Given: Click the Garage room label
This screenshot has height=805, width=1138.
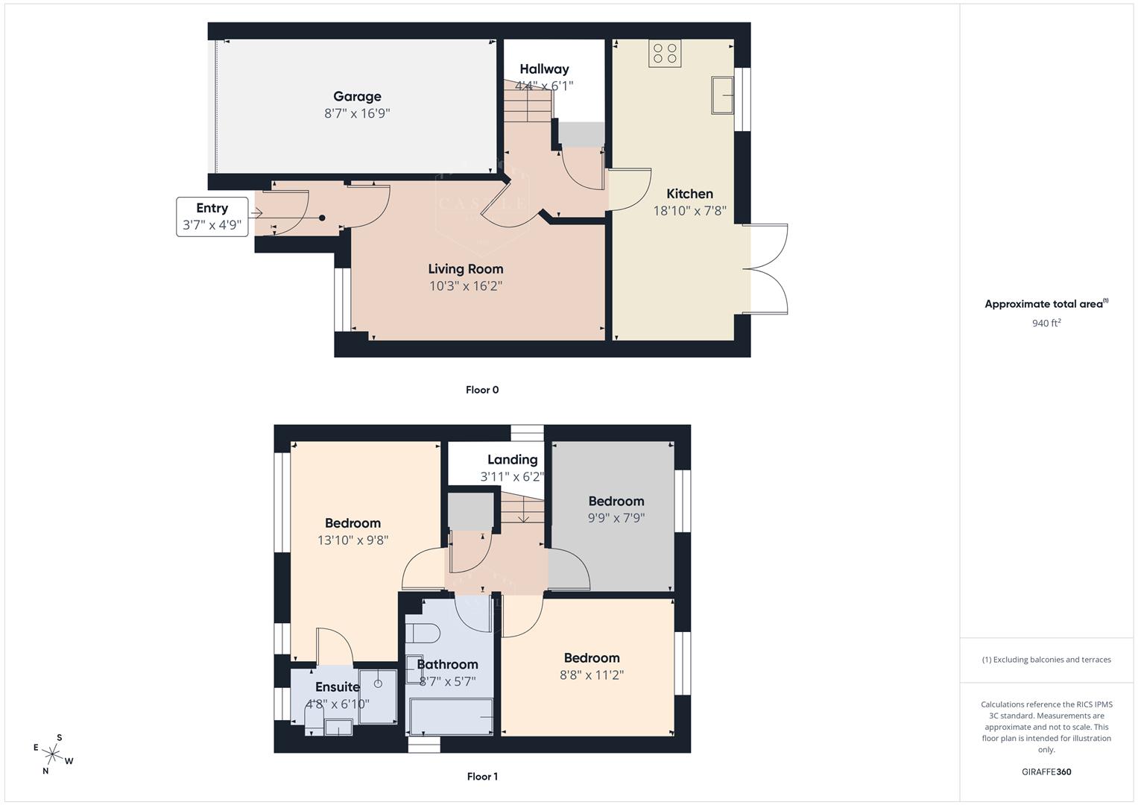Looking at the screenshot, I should [357, 96].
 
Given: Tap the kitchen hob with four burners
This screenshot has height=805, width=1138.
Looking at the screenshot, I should [665, 53].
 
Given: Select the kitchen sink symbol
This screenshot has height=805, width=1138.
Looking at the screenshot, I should [722, 95].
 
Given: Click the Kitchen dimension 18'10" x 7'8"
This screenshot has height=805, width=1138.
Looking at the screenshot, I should [689, 211].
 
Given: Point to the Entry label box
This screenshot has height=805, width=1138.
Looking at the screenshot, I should [212, 216].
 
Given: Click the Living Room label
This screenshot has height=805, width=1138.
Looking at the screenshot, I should [465, 269].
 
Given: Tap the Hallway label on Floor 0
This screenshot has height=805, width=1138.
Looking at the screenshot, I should [544, 69].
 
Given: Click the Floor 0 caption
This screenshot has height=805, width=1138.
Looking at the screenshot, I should [482, 390].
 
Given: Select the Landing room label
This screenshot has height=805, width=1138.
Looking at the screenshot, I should [512, 459].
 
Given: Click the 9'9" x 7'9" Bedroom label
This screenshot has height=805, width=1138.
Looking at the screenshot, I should [616, 501].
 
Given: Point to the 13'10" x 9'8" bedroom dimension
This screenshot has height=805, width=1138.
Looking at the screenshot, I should [353, 540].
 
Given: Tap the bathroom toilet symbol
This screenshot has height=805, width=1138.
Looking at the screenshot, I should [423, 634].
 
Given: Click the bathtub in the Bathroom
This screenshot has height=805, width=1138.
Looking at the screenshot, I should [452, 716].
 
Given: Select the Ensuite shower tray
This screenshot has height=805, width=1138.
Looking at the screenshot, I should [379, 696].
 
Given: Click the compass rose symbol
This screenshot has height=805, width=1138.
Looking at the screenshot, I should [54, 754].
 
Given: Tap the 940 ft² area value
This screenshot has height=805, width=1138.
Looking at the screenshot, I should [1046, 323].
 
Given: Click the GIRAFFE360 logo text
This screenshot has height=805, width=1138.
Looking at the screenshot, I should [1046, 771].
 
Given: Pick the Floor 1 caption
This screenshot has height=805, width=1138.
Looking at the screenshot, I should [482, 777].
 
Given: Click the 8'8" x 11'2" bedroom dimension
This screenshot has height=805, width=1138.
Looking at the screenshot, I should [592, 675].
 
